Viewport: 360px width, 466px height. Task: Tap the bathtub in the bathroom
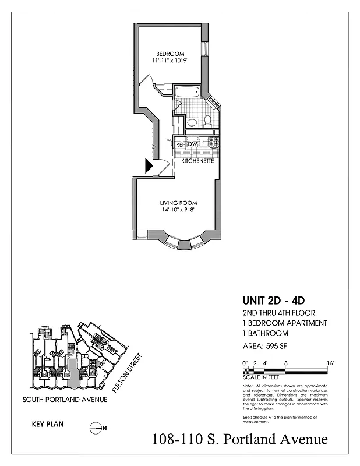[187, 93]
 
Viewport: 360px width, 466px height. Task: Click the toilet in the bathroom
[207, 121]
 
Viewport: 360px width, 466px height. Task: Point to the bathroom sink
[190, 122]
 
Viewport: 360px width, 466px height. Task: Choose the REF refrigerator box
[181, 144]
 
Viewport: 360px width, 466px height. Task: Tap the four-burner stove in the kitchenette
[214, 142]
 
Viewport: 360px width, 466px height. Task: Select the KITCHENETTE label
[197, 160]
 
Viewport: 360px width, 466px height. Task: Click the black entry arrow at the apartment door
[149, 167]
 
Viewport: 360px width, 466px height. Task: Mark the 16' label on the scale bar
[330, 363]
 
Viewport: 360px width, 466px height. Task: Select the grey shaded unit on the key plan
[72, 373]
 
